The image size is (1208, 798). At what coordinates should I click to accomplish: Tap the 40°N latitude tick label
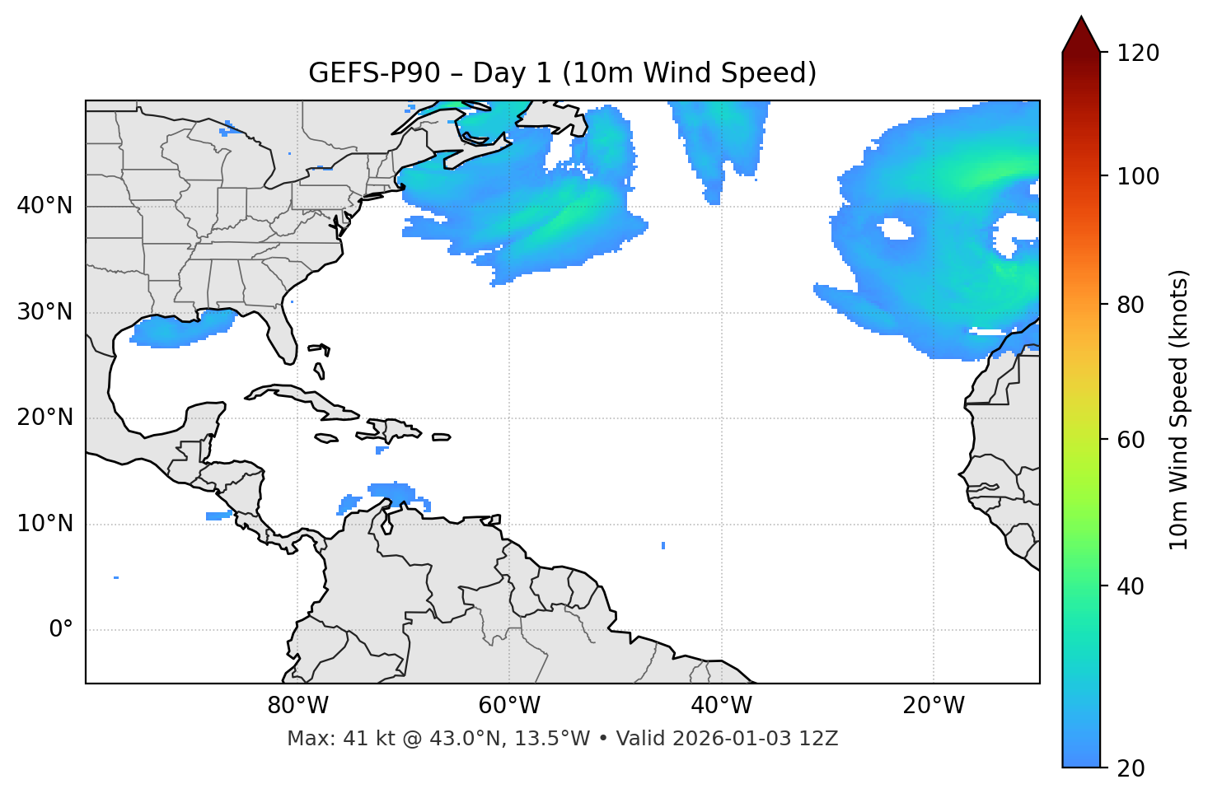44,206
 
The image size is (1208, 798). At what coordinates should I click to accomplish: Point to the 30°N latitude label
44,312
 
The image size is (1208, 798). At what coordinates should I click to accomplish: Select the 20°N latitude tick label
44,418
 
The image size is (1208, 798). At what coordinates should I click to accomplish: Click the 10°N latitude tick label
44,524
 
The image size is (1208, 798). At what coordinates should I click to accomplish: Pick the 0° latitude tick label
61,630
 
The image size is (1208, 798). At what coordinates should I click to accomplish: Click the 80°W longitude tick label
297,706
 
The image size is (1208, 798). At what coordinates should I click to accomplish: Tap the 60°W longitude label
509,706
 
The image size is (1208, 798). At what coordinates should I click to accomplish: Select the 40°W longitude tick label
721,706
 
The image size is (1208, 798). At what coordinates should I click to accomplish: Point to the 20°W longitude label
933,706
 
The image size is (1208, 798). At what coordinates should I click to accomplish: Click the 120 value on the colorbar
1138,54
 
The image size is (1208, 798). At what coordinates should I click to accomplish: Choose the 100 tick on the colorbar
1138,176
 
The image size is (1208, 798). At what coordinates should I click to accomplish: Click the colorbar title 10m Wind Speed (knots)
1179,410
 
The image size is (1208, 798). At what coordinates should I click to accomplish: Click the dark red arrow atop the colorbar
1081,35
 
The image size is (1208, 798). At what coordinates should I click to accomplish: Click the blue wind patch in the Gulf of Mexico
181,329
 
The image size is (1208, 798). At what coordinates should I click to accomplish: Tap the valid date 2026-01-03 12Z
755,739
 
